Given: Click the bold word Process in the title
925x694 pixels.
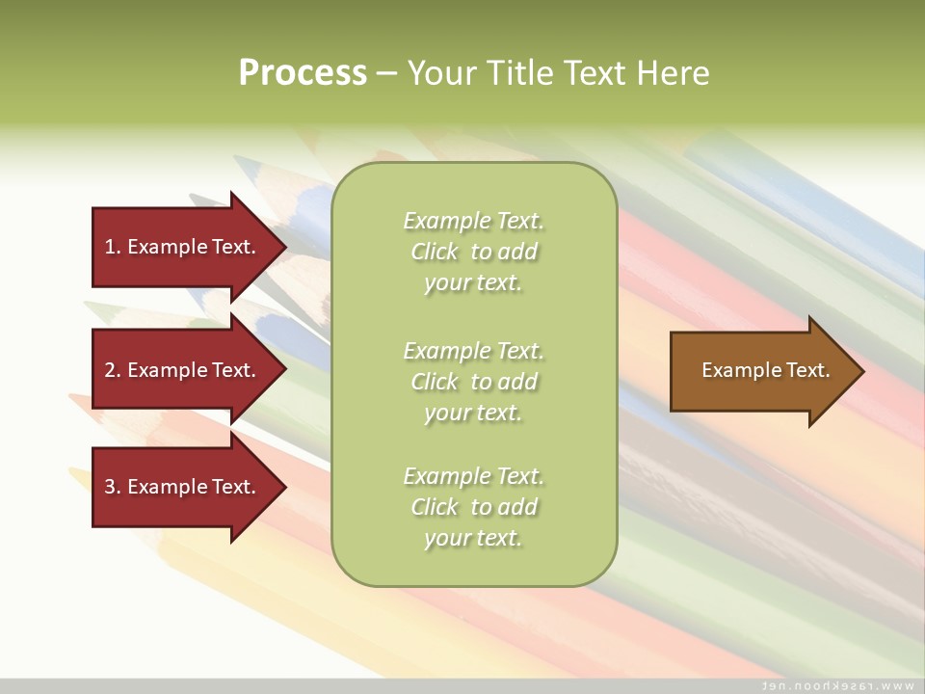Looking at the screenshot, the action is [303, 73].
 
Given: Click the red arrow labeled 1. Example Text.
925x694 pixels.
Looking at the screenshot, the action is [183, 247].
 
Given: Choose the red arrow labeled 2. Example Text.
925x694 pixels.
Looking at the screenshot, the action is [183, 370].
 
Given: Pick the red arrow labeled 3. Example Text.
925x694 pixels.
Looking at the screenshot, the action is [183, 487].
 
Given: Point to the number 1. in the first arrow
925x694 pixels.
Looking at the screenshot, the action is [113, 247].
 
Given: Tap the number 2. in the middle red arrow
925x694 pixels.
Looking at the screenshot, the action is [113, 370].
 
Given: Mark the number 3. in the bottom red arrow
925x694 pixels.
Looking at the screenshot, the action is [113, 487].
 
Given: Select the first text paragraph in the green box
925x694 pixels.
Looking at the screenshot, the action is [473, 252].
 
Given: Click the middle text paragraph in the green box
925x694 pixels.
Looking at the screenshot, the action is [473, 382].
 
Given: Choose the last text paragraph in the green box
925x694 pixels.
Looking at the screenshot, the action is [473, 507].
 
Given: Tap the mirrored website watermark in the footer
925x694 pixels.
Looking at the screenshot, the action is [838, 685].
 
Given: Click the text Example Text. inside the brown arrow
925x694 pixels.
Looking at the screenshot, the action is [765, 370].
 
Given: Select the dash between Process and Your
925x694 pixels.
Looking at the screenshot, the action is [386, 73].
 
